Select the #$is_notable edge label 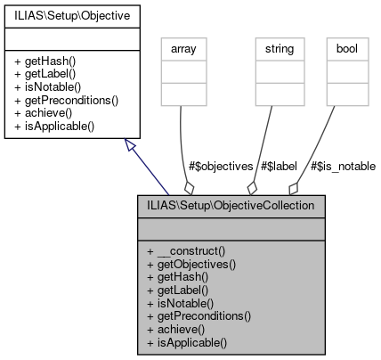344,166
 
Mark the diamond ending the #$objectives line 189,187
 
